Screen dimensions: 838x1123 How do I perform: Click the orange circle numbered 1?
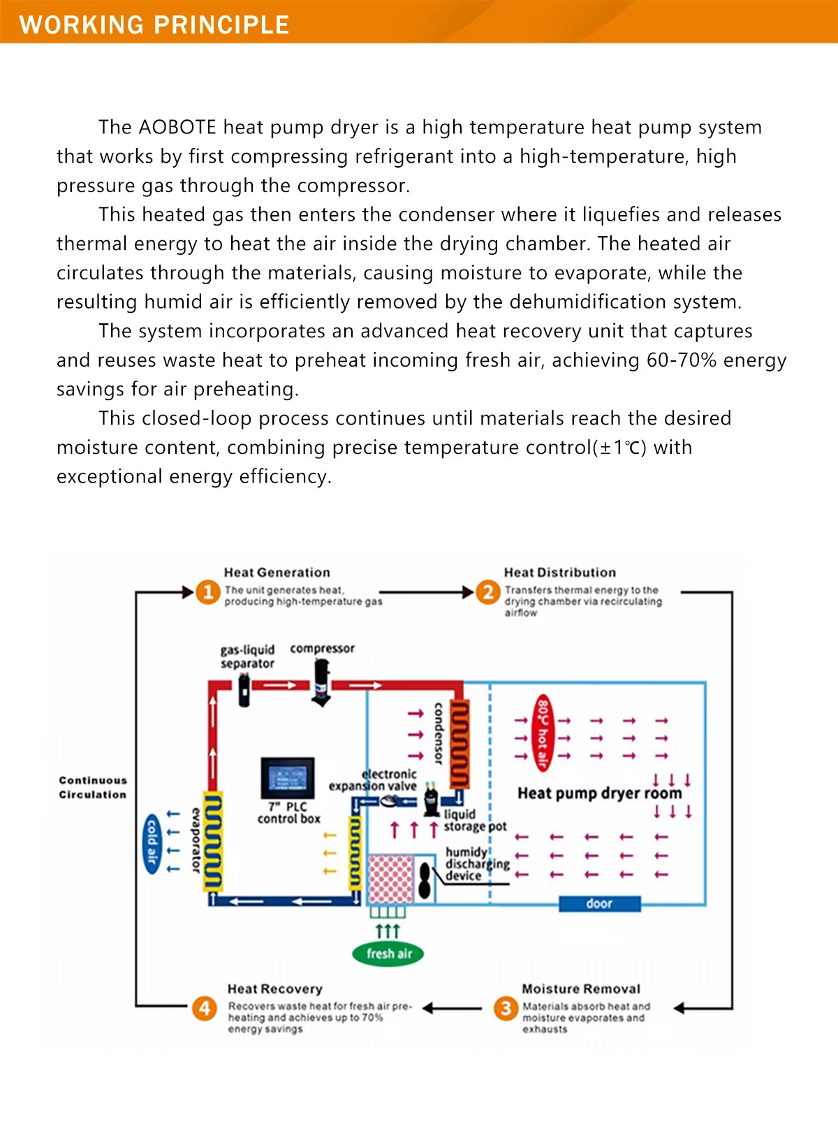(x=207, y=592)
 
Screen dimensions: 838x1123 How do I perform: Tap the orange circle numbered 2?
(x=487, y=592)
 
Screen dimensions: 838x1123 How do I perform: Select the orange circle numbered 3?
(x=506, y=1008)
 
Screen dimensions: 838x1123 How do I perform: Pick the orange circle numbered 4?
(x=204, y=1008)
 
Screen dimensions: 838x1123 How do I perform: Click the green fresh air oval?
(x=388, y=953)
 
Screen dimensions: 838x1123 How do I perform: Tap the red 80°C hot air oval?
(x=543, y=732)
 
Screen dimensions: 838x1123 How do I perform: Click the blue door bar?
(x=599, y=904)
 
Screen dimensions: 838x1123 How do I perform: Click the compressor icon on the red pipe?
(x=321, y=683)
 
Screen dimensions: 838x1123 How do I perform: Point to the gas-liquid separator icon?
(x=244, y=690)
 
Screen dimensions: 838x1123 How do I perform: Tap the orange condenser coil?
(x=460, y=743)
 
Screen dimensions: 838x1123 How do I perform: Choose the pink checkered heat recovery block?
(x=391, y=879)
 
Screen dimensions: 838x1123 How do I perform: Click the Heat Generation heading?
(x=277, y=572)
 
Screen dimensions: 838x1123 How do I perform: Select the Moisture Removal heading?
(x=581, y=989)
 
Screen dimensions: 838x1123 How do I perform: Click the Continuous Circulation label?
(x=93, y=787)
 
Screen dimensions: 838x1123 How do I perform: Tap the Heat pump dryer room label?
(x=600, y=793)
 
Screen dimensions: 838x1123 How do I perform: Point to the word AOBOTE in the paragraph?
(x=177, y=127)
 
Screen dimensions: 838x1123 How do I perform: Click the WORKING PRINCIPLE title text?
(x=154, y=24)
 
